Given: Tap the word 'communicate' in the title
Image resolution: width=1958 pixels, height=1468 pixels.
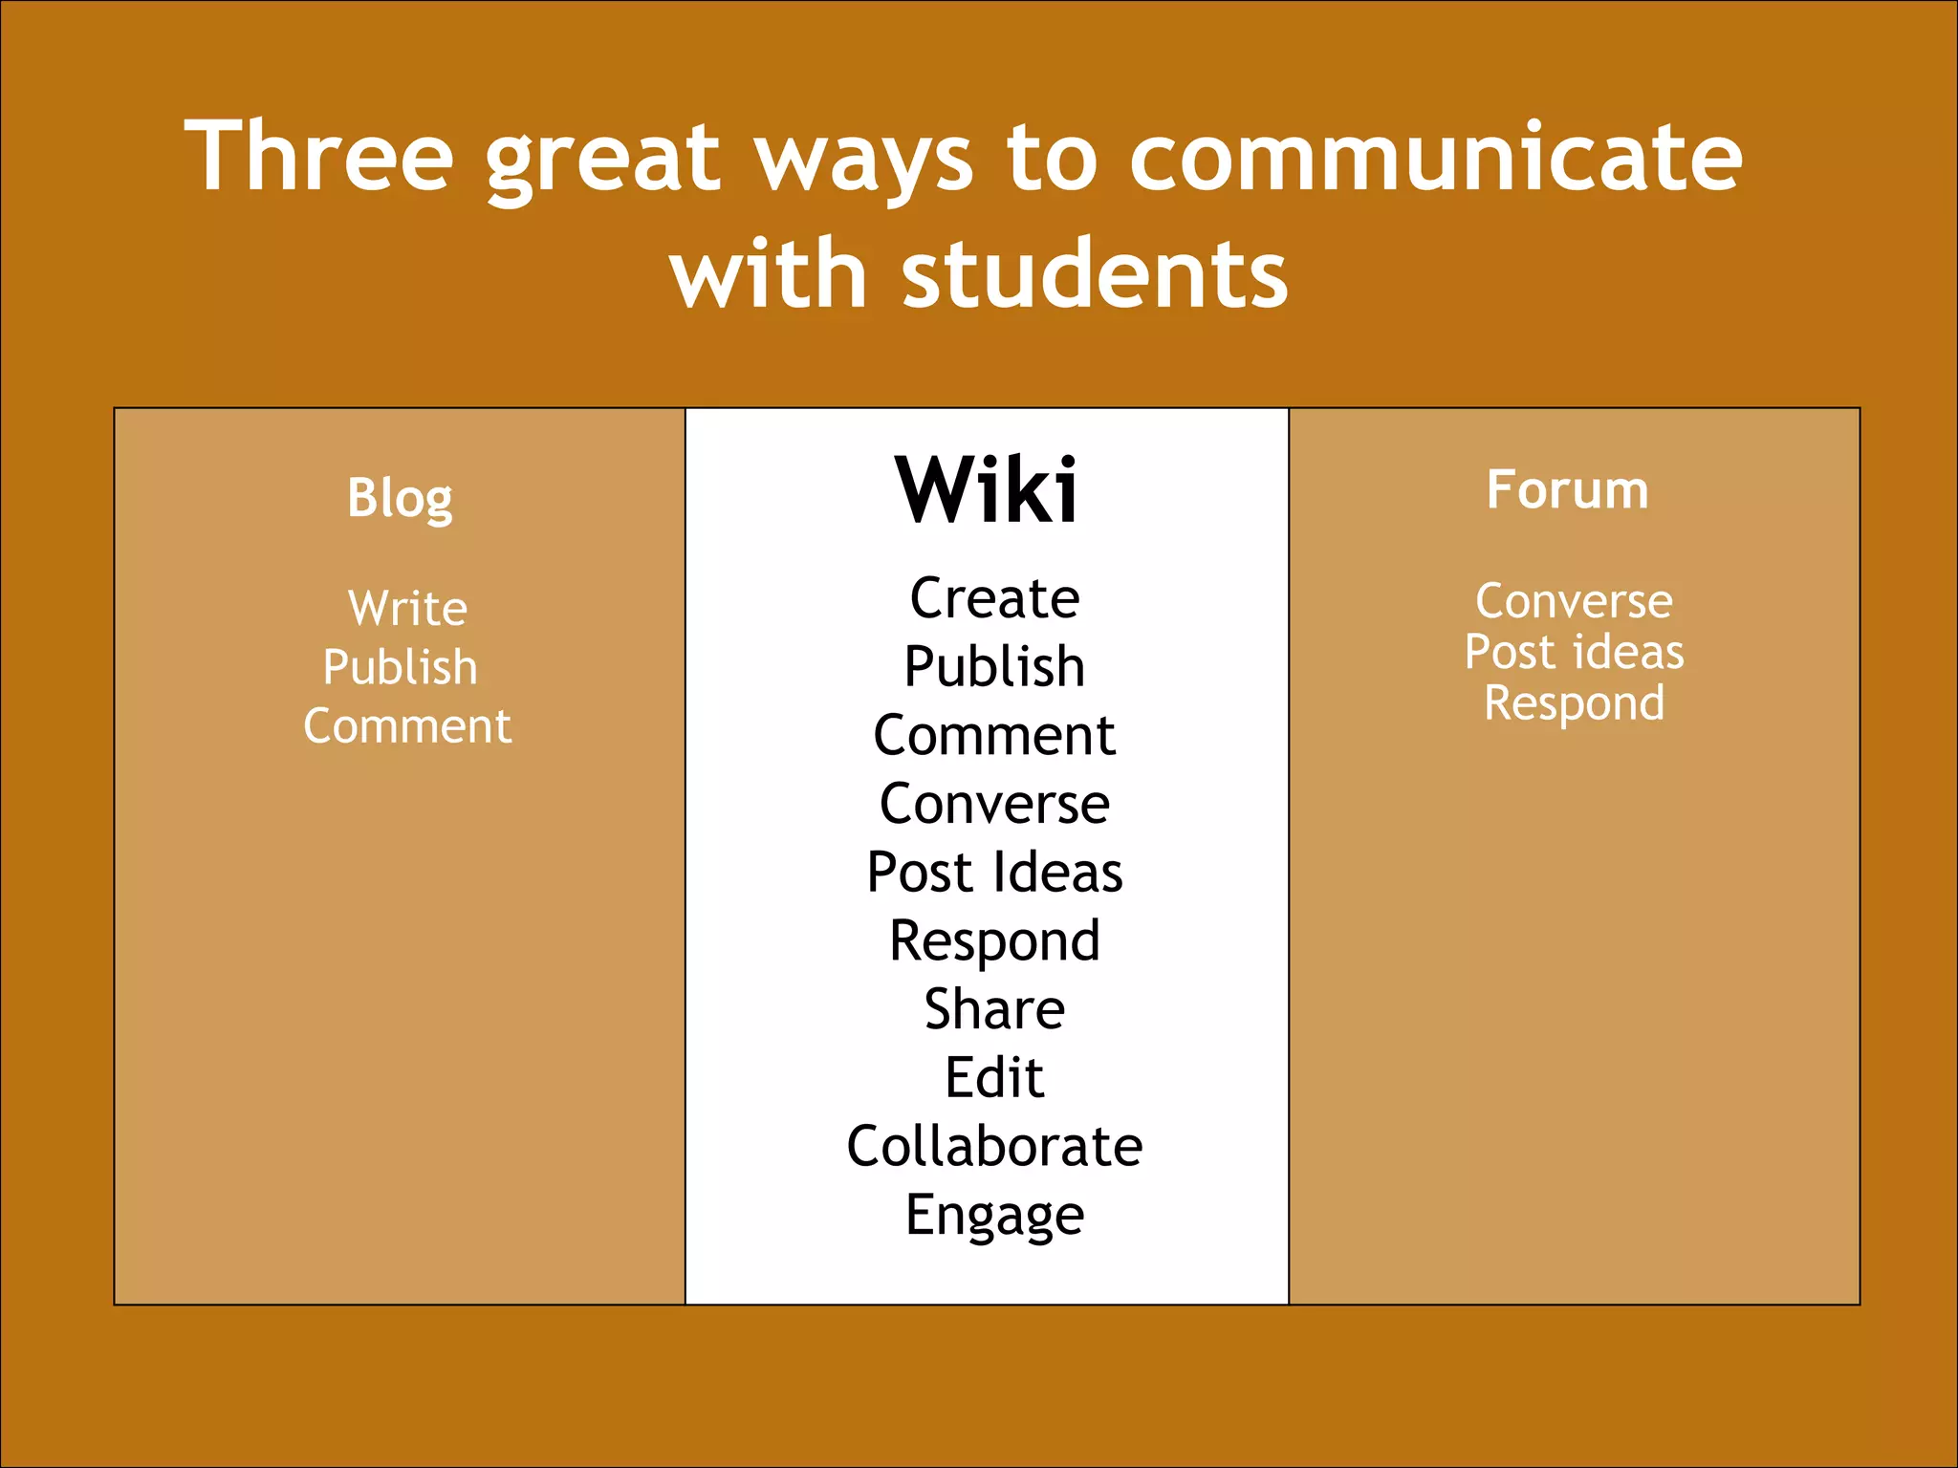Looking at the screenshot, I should pyautogui.click(x=1436, y=157).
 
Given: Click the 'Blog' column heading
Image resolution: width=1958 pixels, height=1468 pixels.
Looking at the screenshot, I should pyautogui.click(x=400, y=498).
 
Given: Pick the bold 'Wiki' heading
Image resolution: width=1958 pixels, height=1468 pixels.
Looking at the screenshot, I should pyautogui.click(x=987, y=490).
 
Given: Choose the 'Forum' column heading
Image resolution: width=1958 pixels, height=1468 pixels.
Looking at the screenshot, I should pyautogui.click(x=1567, y=490).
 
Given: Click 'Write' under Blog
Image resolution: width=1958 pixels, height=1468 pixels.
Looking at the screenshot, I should pyautogui.click(x=408, y=608).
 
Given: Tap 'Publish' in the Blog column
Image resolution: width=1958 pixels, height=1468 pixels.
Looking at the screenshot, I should pyautogui.click(x=400, y=667).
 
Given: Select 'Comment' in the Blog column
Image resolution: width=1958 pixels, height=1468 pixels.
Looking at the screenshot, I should pyautogui.click(x=407, y=726).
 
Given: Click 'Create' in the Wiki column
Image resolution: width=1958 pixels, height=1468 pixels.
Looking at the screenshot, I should pyautogui.click(x=994, y=599).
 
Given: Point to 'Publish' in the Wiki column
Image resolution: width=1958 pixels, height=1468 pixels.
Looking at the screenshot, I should pyautogui.click(x=994, y=667).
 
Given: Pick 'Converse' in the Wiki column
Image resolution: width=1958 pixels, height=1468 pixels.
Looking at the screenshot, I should pyautogui.click(x=994, y=804).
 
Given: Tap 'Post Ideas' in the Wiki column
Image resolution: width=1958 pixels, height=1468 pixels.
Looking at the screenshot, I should pyautogui.click(x=994, y=873).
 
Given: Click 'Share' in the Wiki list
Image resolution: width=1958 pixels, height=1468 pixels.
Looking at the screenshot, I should pyautogui.click(x=994, y=1009).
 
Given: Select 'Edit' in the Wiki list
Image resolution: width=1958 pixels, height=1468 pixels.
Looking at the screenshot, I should pyautogui.click(x=994, y=1078).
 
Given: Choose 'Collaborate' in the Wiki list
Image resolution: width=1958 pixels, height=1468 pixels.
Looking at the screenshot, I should pyautogui.click(x=994, y=1146).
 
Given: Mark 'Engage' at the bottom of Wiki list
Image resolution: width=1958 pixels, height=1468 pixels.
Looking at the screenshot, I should pyautogui.click(x=994, y=1216).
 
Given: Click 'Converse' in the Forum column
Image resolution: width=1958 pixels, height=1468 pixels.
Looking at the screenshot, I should pyautogui.click(x=1574, y=601).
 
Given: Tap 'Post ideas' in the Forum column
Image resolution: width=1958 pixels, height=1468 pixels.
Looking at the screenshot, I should pyautogui.click(x=1574, y=653).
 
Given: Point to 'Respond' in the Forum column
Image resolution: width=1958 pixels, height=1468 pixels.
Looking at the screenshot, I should pyautogui.click(x=1574, y=704).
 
